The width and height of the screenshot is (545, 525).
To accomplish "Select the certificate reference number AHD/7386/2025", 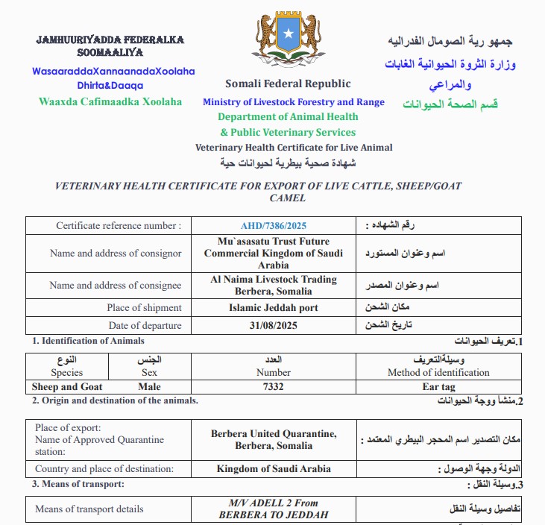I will tap(274, 225).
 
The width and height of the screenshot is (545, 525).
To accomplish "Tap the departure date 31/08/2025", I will tap(274, 326).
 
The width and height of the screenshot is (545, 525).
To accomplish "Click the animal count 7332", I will tap(274, 387).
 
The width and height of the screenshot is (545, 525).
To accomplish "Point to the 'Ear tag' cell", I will tap(438, 387).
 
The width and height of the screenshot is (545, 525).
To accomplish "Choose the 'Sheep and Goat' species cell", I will tap(67, 387).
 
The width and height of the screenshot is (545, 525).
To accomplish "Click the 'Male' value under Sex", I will tap(149, 387).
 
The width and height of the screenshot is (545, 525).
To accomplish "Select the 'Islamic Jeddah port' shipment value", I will tap(274, 307).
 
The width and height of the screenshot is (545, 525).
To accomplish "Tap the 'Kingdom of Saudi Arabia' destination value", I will tap(274, 469).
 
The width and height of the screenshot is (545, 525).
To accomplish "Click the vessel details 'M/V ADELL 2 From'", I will tap(274, 503).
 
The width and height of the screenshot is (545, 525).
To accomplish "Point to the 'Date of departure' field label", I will tap(145, 326).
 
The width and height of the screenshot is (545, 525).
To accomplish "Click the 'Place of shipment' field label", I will tap(144, 307).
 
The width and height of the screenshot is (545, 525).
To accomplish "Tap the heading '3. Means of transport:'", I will tap(78, 485).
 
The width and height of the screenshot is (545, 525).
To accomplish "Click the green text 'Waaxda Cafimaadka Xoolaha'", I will tap(110, 101).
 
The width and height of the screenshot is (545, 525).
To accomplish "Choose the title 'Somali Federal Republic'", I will tap(288, 84).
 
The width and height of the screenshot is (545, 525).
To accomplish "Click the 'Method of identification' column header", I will tap(438, 372).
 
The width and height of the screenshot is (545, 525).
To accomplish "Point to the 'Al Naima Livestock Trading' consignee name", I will tap(274, 280).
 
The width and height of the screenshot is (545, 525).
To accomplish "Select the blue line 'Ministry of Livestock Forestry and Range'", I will tap(294, 102).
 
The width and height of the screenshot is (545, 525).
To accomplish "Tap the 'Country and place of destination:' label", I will tap(104, 469).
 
